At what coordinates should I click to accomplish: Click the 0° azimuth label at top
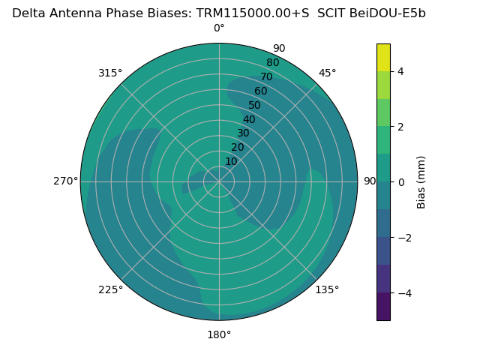(219, 28)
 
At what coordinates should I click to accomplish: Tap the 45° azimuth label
(327, 73)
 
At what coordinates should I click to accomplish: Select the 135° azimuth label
(327, 289)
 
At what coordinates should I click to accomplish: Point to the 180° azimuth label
(219, 334)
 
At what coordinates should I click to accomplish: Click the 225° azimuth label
(110, 289)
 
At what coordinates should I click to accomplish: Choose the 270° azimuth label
(66, 181)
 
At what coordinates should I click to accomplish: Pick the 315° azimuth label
(110, 73)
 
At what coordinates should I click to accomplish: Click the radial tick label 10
(231, 161)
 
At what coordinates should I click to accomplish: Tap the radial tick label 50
(254, 105)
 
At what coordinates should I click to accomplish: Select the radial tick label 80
(272, 62)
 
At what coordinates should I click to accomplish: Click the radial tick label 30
(243, 133)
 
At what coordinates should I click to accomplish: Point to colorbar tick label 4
(400, 71)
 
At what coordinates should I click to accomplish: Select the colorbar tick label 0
(400, 182)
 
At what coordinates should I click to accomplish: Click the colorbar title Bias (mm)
(421, 182)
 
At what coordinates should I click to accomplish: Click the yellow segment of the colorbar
(383, 58)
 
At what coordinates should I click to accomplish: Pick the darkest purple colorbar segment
(383, 307)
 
